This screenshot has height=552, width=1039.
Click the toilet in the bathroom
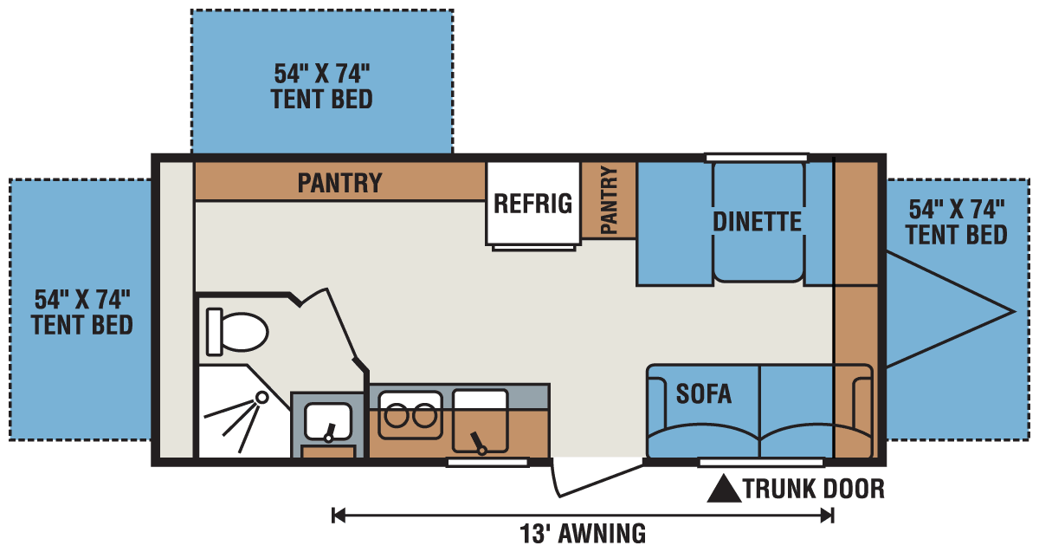[x=237, y=332]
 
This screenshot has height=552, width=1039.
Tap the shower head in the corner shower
[x=262, y=398]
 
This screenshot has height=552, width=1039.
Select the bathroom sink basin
[x=327, y=421]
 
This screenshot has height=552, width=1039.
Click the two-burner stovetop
[x=410, y=415]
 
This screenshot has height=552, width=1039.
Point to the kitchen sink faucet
[x=478, y=444]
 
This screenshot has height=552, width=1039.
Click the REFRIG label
[x=533, y=204]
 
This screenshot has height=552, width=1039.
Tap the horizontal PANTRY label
[x=339, y=183]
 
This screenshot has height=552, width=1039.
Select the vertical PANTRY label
[x=609, y=200]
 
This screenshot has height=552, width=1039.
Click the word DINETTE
[x=757, y=222]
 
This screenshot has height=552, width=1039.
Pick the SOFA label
[x=704, y=393]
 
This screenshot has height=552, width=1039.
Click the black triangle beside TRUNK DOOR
[x=724, y=489]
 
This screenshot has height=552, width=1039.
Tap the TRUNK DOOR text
[x=814, y=489]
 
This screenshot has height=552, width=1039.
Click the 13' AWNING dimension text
[x=583, y=534]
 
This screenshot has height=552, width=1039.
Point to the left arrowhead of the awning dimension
[x=339, y=516]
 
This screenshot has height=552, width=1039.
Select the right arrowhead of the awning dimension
[x=827, y=516]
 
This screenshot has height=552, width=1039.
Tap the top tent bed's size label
[x=321, y=87]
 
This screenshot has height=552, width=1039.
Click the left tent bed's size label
[x=82, y=312]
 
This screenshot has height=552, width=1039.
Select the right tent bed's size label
[x=957, y=222]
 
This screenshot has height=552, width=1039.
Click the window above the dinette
[x=757, y=158]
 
